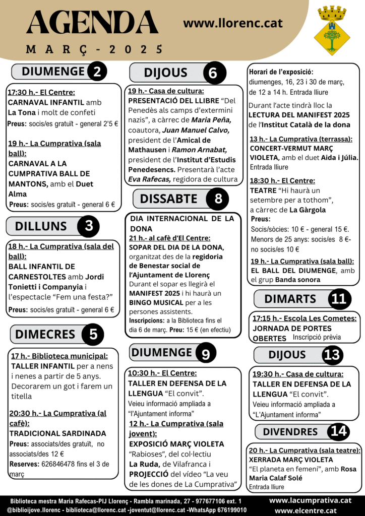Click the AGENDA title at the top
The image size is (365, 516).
point(92,23)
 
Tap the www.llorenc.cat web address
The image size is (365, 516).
point(233,23)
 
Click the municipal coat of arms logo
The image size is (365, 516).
point(331,30)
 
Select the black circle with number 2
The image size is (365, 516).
point(97,72)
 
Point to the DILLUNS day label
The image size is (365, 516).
point(41,226)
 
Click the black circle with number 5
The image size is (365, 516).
point(93,335)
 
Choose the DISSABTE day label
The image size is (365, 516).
point(169,199)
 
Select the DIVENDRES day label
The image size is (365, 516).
point(290,432)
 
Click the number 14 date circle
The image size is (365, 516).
point(338,432)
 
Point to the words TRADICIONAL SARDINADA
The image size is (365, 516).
point(57,433)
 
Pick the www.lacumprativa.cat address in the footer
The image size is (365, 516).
point(310,500)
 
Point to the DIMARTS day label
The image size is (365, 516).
point(290,299)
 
